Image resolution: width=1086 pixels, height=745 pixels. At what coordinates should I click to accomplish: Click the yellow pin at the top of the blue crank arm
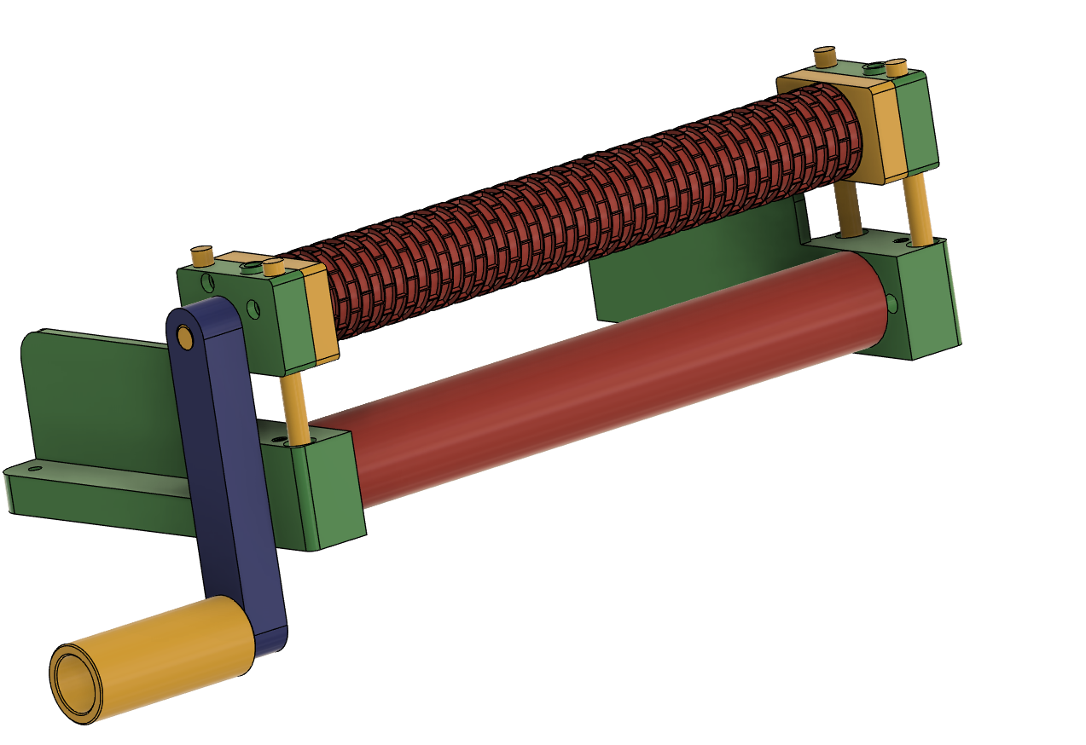(x=185, y=338)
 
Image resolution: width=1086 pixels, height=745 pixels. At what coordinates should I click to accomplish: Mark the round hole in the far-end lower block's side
(x=891, y=303)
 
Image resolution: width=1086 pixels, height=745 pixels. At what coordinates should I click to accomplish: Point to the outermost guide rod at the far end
(x=918, y=209)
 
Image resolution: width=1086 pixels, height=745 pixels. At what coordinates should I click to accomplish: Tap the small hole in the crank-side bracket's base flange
(x=34, y=468)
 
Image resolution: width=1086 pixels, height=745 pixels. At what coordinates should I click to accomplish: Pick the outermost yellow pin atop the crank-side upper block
(x=202, y=256)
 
